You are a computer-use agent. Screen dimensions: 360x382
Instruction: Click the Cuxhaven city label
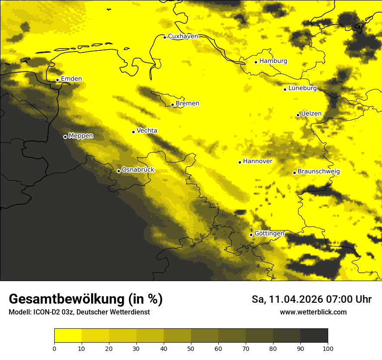183,36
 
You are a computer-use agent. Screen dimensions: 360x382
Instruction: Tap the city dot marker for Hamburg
256,62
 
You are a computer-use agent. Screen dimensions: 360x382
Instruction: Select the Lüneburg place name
303,88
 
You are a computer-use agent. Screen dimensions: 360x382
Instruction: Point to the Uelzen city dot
298,115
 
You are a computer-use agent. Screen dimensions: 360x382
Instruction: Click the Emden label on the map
71,79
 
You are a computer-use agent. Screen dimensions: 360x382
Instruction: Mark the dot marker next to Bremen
172,105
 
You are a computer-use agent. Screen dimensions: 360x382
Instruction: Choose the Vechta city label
147,131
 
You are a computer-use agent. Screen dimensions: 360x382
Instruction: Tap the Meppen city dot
65,137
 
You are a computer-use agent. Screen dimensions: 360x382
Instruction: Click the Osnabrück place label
138,170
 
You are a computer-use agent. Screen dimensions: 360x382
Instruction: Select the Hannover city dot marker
240,162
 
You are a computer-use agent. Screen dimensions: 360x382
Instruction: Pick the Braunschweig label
319,172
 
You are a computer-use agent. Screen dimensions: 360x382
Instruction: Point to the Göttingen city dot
251,235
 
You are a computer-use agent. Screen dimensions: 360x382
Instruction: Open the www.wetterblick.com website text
313,312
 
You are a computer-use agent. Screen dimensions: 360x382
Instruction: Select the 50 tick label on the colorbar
191,348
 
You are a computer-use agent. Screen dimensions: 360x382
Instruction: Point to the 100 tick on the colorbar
327,348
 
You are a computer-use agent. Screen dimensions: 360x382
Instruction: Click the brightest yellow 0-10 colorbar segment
68,336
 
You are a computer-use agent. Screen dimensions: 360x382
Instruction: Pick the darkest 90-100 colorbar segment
314,336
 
